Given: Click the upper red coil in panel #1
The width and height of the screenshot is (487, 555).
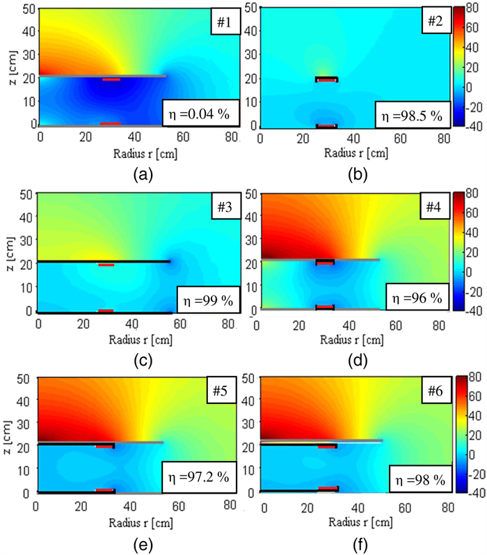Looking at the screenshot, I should pyautogui.click(x=111, y=79).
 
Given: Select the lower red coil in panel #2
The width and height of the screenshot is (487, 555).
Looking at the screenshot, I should pyautogui.click(x=326, y=127).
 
